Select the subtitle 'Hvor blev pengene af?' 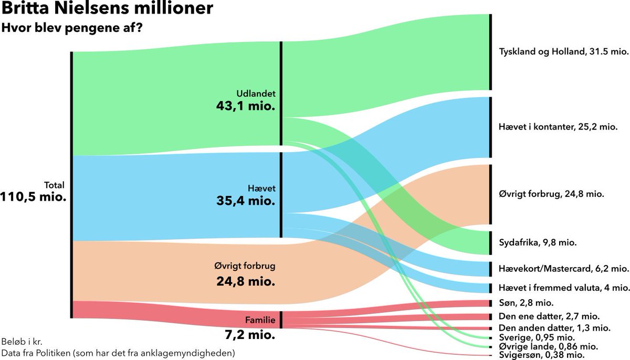coord(72,28)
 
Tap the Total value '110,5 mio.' coord(34,198)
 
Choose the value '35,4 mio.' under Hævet coord(246,200)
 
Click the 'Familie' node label coord(260,320)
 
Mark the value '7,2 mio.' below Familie coord(247,333)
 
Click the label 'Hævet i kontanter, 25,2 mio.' coord(558,126)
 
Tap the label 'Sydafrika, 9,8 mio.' coord(537,242)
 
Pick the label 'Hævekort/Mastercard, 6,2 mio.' coord(563,269)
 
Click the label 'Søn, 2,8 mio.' coord(525,303)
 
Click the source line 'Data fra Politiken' coord(118,353)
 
